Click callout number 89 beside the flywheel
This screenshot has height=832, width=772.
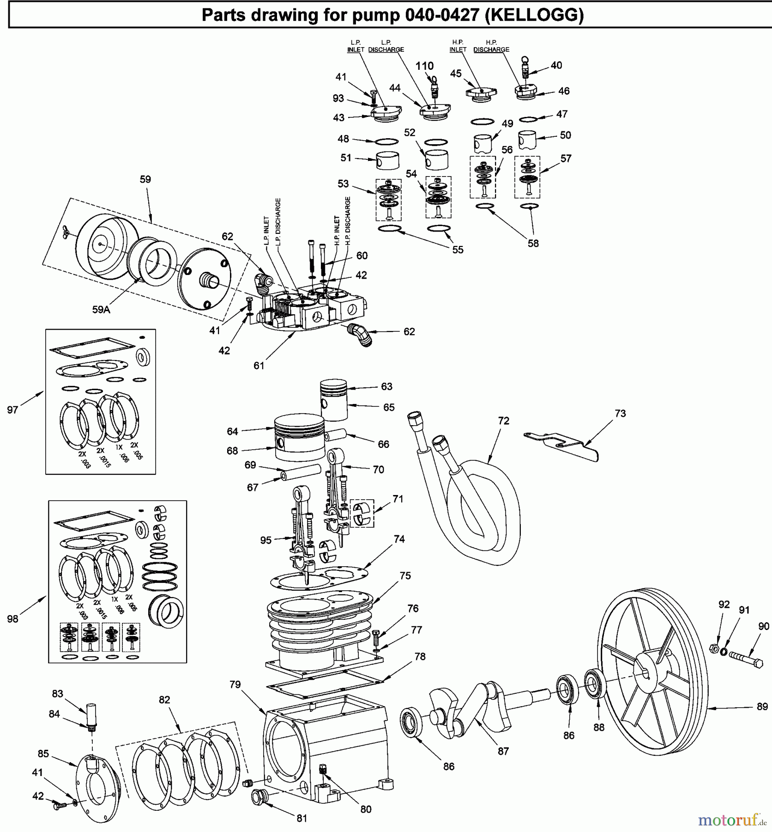point(762,707)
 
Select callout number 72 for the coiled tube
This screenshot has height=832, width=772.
point(503,421)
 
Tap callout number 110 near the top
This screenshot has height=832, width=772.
point(424,66)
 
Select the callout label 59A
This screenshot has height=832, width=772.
point(101,310)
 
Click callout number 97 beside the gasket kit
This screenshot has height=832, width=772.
point(12,410)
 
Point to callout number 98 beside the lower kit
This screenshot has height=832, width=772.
point(12,618)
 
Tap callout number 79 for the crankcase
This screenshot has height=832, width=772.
point(235,685)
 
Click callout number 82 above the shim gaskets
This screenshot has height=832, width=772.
point(164,700)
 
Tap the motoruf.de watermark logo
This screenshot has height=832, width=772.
point(732,820)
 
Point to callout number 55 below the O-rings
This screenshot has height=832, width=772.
point(458,250)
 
